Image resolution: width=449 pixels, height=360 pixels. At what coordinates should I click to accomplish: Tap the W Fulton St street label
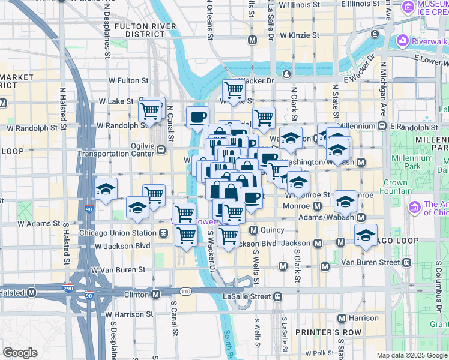[128, 80]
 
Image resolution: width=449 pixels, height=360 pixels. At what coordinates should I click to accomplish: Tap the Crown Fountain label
[395, 187]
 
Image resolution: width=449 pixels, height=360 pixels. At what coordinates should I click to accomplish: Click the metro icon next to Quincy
[253, 230]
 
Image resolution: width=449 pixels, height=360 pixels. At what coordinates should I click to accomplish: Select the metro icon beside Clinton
[156, 295]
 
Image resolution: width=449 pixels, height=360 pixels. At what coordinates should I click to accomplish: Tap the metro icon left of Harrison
[342, 318]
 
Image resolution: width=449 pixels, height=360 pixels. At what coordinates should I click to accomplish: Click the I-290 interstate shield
[70, 289]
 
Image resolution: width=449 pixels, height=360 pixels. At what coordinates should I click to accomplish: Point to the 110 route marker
[185, 292]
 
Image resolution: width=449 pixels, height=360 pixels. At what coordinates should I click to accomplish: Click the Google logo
[20, 352]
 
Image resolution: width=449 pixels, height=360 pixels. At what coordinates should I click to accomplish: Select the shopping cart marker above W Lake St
[233, 91]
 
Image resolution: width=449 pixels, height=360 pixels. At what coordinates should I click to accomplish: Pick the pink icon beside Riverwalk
[402, 41]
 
